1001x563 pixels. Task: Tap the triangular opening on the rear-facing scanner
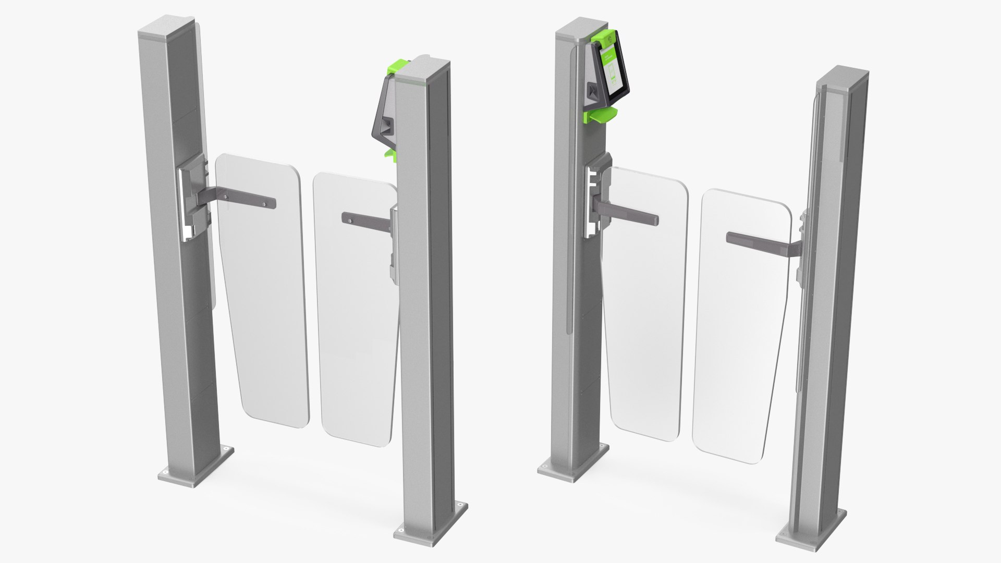pyautogui.click(x=386, y=125)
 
